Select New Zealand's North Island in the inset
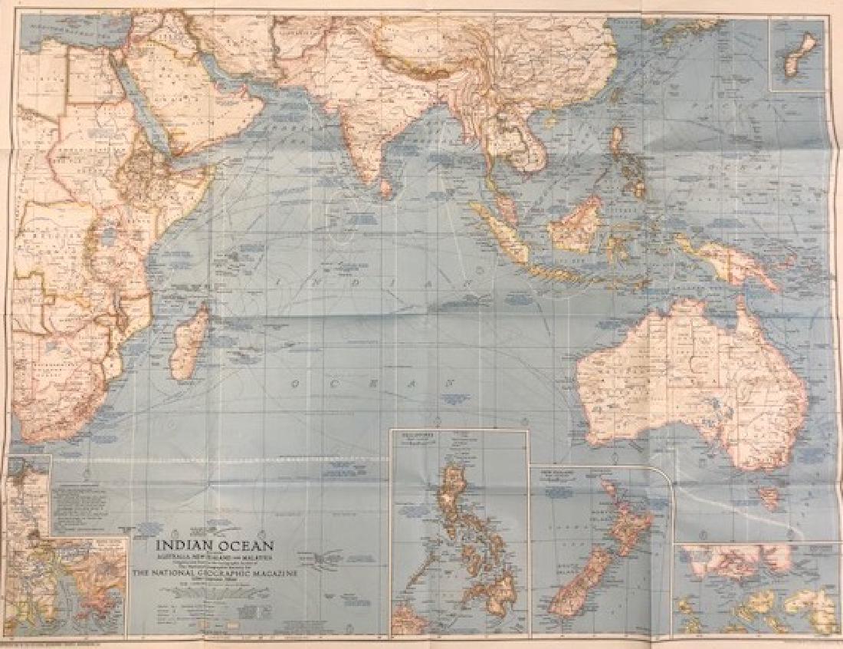tap(625, 522)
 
